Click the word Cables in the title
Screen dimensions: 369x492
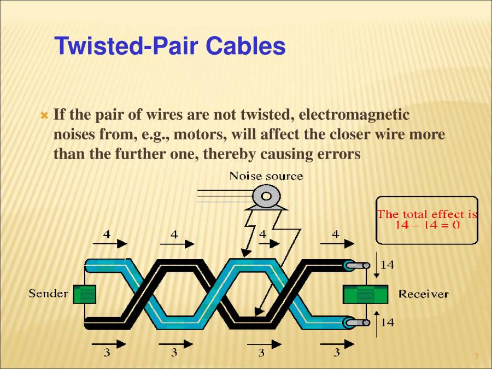(x=246, y=47)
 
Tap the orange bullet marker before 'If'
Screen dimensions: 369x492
(x=45, y=116)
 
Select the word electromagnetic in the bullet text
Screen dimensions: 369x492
(x=354, y=115)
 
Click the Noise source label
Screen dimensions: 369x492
(x=266, y=176)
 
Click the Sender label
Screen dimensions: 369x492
(x=48, y=294)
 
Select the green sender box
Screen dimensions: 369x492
(x=85, y=294)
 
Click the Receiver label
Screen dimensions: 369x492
(x=423, y=294)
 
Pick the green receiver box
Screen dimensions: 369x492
(x=365, y=294)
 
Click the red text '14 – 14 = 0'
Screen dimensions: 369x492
(x=427, y=225)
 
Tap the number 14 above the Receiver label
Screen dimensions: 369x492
(x=387, y=265)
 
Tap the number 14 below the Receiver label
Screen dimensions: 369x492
(x=387, y=323)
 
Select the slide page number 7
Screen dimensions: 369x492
(x=476, y=356)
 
